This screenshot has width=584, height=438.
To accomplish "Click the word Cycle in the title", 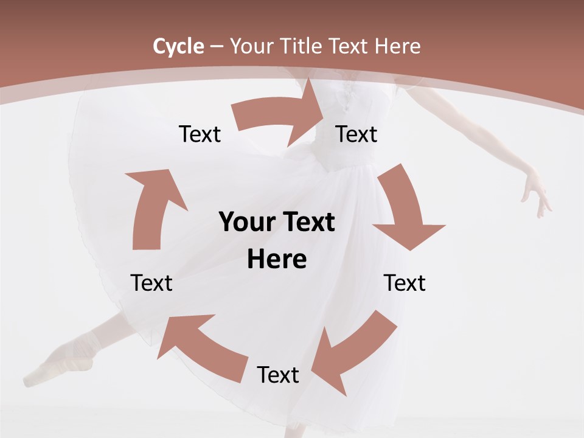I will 178,46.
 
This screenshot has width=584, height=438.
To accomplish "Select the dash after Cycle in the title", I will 217,46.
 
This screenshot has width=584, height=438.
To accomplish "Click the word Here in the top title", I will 398,46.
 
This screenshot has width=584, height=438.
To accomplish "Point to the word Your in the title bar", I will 251,46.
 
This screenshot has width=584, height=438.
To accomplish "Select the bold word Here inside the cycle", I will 277,260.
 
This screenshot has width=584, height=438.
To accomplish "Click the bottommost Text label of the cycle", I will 278,375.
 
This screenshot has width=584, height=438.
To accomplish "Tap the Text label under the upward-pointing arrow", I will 151,283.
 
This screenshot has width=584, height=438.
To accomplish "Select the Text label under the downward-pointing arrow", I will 405,283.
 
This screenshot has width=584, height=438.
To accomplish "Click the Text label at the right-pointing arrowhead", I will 356,134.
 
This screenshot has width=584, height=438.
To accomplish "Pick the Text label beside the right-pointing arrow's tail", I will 200,134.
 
